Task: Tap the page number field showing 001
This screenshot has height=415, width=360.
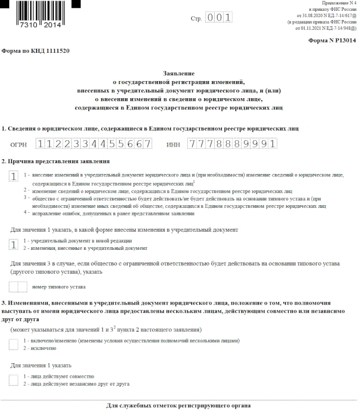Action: (x=219, y=18)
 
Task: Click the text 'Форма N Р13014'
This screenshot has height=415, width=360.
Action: (x=332, y=42)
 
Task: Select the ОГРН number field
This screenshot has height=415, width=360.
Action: (x=94, y=144)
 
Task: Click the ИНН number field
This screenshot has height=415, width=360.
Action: (x=232, y=144)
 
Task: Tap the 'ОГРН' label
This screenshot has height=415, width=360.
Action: (x=19, y=145)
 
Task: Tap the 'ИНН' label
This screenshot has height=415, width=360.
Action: (x=173, y=145)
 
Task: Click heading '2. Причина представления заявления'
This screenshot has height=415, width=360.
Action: (x=56, y=161)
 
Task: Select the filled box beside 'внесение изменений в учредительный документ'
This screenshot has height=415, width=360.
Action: (x=14, y=176)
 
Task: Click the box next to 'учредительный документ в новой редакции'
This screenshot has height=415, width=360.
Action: (x=14, y=244)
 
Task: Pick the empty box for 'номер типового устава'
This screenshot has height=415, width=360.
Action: (x=18, y=286)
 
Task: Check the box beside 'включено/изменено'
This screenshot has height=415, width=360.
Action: (x=14, y=344)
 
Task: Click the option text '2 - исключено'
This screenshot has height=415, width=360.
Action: (x=40, y=348)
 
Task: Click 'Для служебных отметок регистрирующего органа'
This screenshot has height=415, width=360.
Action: (x=179, y=406)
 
